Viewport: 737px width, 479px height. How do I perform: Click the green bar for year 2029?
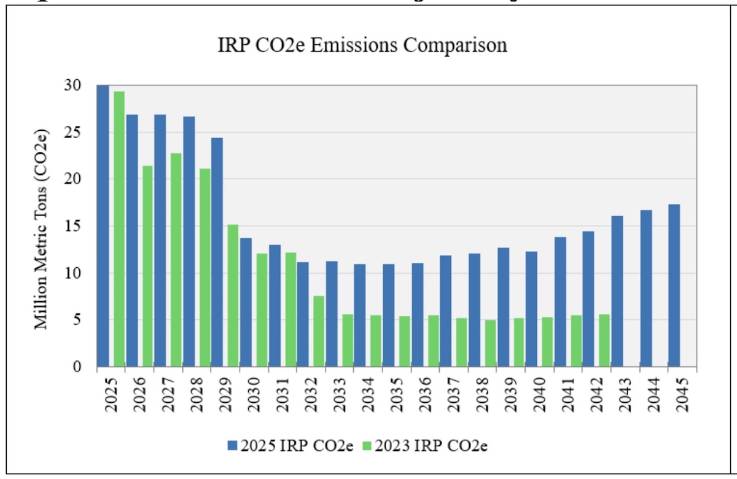[233, 295]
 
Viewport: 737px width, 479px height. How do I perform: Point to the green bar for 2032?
[318, 331]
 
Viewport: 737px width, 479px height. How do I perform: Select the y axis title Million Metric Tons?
[42, 228]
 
